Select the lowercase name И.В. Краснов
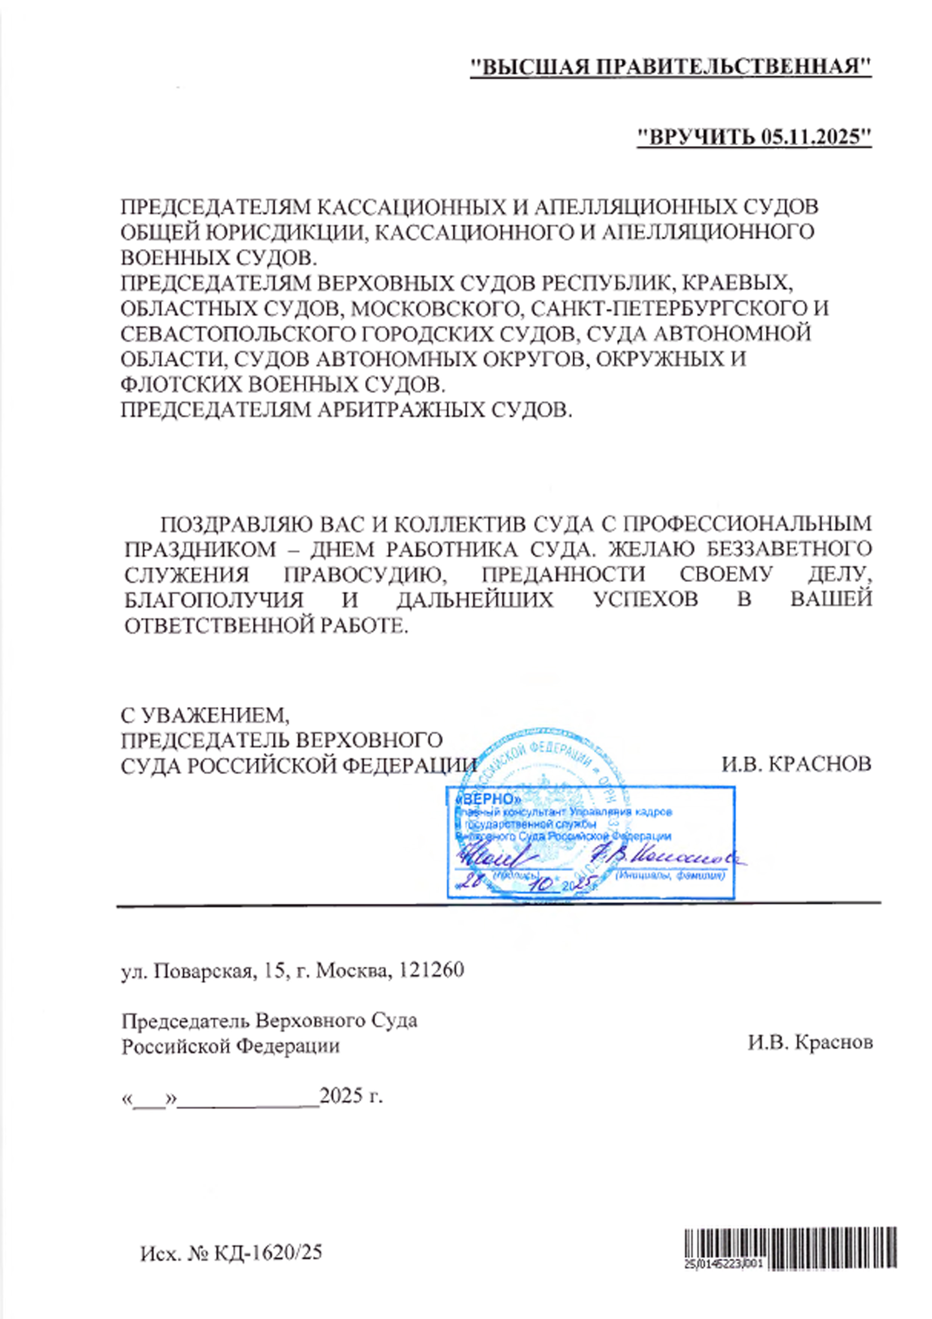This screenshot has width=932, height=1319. [x=810, y=1043]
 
